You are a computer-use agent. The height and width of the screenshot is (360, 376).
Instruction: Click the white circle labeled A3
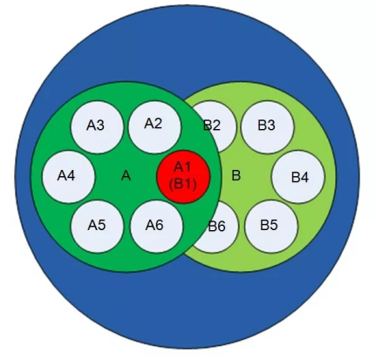(x=97, y=127)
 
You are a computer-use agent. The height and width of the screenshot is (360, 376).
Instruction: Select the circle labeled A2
(x=154, y=127)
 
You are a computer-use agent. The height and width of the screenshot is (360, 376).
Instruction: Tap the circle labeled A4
(x=69, y=177)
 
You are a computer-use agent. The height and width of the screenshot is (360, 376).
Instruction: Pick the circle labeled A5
(x=97, y=227)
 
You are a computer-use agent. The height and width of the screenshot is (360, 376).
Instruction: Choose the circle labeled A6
(x=156, y=226)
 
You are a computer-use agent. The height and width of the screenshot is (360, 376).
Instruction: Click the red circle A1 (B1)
(x=183, y=177)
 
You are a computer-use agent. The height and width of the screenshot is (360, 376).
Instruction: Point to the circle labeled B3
(x=268, y=127)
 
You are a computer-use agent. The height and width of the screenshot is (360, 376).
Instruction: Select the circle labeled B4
(x=298, y=177)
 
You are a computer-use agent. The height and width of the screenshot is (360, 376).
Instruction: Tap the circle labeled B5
(x=271, y=227)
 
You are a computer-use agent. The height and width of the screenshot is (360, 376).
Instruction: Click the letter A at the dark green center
(x=126, y=176)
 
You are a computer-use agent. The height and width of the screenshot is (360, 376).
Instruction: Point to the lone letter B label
(x=236, y=175)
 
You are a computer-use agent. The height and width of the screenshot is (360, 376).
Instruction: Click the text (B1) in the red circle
(x=183, y=184)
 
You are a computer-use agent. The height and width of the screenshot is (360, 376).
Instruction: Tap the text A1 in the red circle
(x=182, y=167)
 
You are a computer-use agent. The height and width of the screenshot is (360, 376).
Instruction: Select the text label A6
(x=154, y=225)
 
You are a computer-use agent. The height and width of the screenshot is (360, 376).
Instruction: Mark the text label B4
(x=300, y=177)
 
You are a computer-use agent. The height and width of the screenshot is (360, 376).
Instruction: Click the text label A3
(x=95, y=126)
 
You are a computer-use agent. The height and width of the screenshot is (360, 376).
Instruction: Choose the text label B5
(x=269, y=225)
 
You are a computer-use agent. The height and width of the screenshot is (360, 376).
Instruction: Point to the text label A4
(x=66, y=175)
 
